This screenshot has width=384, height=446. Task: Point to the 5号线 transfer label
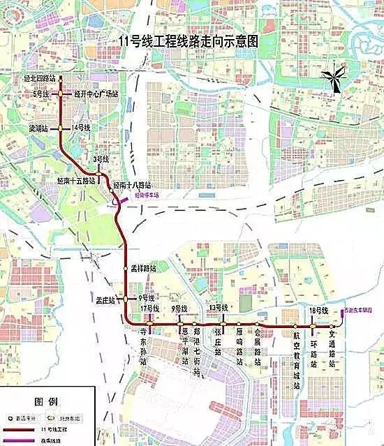coord(41,93)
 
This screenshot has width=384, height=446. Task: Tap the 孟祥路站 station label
coord(143,268)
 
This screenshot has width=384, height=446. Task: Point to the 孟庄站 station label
coord(105,299)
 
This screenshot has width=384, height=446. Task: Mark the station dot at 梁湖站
coord(61,128)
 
